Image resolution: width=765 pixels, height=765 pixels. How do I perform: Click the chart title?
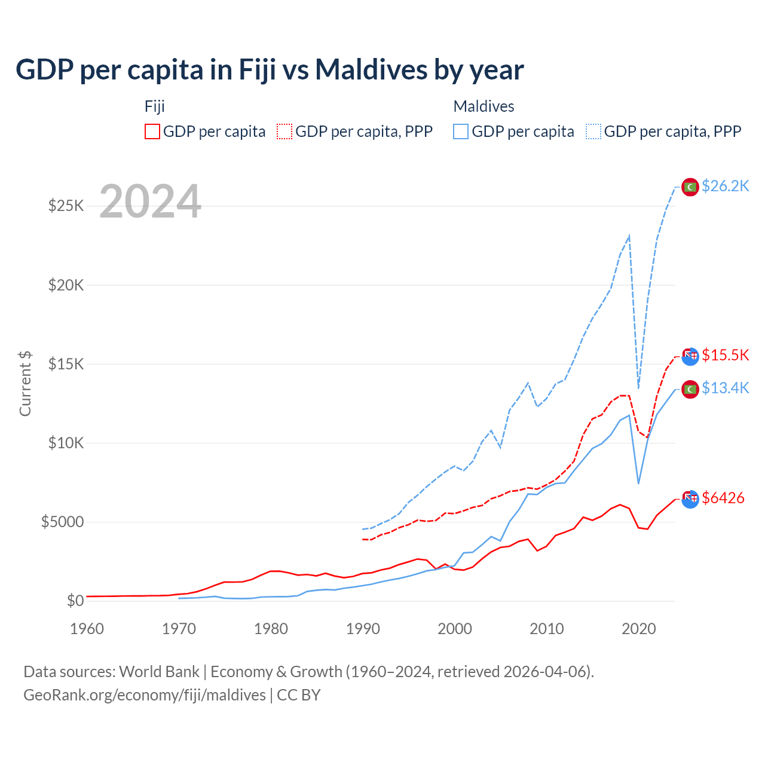point(270,70)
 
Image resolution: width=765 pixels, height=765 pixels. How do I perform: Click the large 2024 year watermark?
point(150,201)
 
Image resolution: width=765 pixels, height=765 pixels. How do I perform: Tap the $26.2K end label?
point(725,186)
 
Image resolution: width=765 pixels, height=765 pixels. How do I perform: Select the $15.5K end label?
point(725,355)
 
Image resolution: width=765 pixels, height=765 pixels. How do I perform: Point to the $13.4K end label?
point(725,388)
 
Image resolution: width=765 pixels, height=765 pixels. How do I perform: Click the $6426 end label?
point(723,497)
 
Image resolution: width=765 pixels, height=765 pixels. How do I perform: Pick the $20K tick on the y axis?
point(66,285)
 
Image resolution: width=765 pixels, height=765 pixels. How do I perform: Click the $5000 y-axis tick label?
point(62,522)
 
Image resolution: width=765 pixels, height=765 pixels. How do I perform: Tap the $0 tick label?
point(75,601)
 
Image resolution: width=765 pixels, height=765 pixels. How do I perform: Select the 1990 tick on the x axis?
point(363,629)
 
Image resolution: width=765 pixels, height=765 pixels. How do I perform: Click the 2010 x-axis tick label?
point(547,629)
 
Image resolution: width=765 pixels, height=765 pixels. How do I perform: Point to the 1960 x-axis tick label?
point(87,629)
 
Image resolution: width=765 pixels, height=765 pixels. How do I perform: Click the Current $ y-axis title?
point(25,383)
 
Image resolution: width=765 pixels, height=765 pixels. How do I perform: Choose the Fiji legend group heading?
point(155,106)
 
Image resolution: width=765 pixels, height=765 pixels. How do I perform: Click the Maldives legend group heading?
point(484,106)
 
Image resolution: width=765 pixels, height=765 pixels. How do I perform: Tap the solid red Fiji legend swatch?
point(152,131)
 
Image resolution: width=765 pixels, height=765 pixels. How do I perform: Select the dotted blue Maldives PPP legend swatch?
point(593,131)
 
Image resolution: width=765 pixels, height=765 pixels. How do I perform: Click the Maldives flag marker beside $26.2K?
point(690,187)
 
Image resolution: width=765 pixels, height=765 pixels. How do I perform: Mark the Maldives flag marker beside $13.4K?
point(690,389)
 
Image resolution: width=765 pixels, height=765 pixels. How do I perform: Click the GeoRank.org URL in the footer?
point(145,695)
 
